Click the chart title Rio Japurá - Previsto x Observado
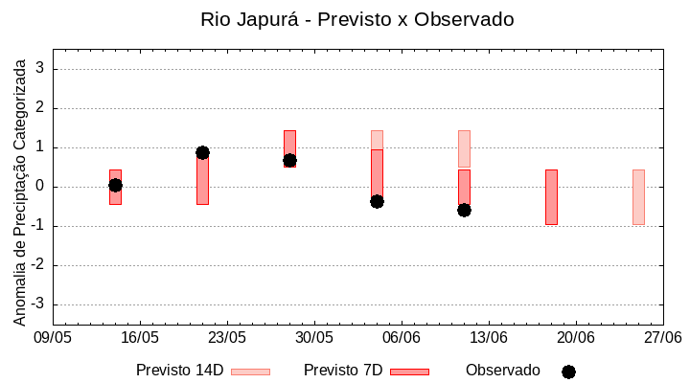tap(356, 19)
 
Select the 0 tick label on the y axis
tap(41, 187)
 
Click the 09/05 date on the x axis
tap(53, 338)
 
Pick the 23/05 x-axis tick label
tap(227, 338)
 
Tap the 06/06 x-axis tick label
tap(402, 338)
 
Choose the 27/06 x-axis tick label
tap(662, 338)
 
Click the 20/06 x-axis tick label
tap(576, 338)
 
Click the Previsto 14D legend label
tap(179, 371)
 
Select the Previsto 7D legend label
tap(343, 371)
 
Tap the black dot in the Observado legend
tap(568, 372)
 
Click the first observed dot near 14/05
tap(115, 185)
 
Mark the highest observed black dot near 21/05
tap(202, 152)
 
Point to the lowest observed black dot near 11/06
tap(464, 210)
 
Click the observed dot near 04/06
tap(377, 201)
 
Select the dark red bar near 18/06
tap(551, 197)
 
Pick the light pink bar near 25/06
tap(638, 197)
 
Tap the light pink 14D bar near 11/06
tap(464, 148)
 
